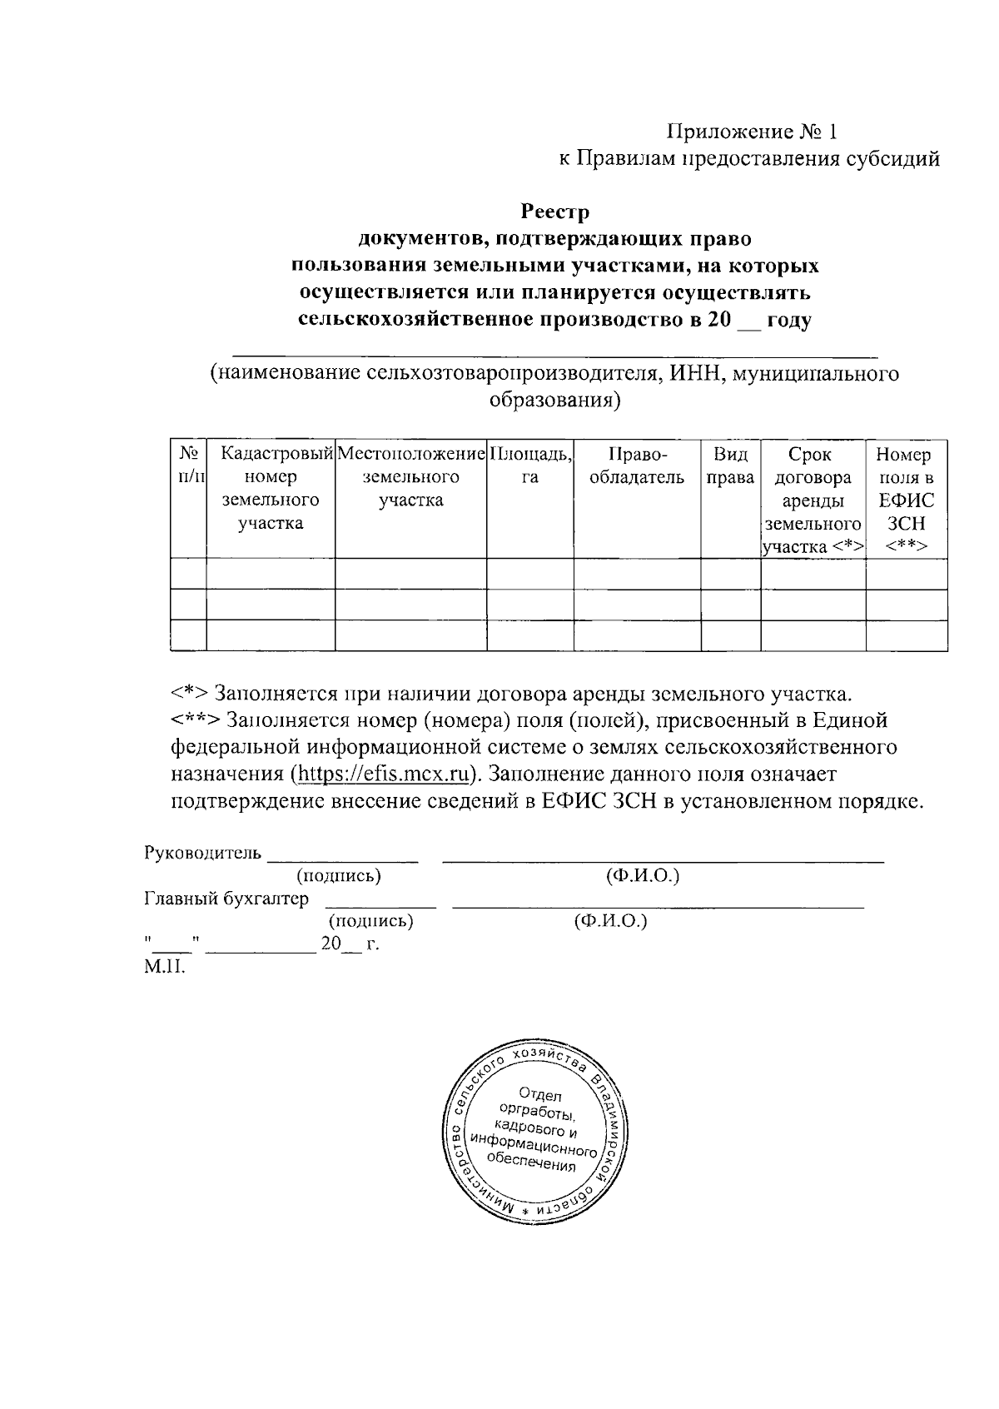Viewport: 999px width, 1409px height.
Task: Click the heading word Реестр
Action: pos(554,212)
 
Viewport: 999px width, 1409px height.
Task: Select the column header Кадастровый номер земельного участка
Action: pos(271,489)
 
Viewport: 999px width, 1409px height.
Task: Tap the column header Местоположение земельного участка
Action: pos(411,477)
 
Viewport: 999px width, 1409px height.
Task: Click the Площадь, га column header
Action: pos(530,466)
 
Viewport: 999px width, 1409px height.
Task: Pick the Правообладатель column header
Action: pos(637,466)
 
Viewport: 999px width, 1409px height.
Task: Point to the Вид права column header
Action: pos(730,466)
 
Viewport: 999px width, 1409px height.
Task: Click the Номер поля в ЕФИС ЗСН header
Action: pos(906,500)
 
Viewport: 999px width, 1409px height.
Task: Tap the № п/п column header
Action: pos(188,466)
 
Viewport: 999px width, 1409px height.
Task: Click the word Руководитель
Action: pos(203,854)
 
